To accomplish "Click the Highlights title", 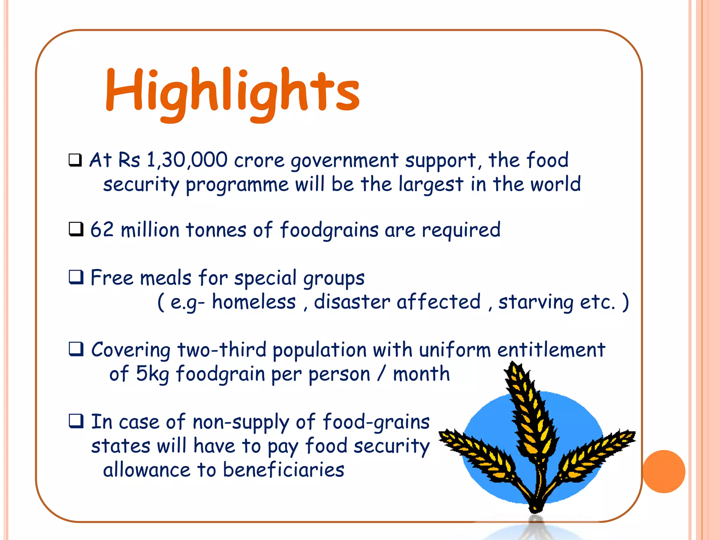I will [232, 92].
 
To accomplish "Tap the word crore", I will [259, 161].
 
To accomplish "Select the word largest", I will [431, 185].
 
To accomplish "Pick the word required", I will [461, 230].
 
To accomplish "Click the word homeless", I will [254, 302].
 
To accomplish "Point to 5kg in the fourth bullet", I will [152, 374].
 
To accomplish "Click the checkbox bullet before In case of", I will [76, 421].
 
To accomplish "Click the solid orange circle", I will [664, 471].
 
